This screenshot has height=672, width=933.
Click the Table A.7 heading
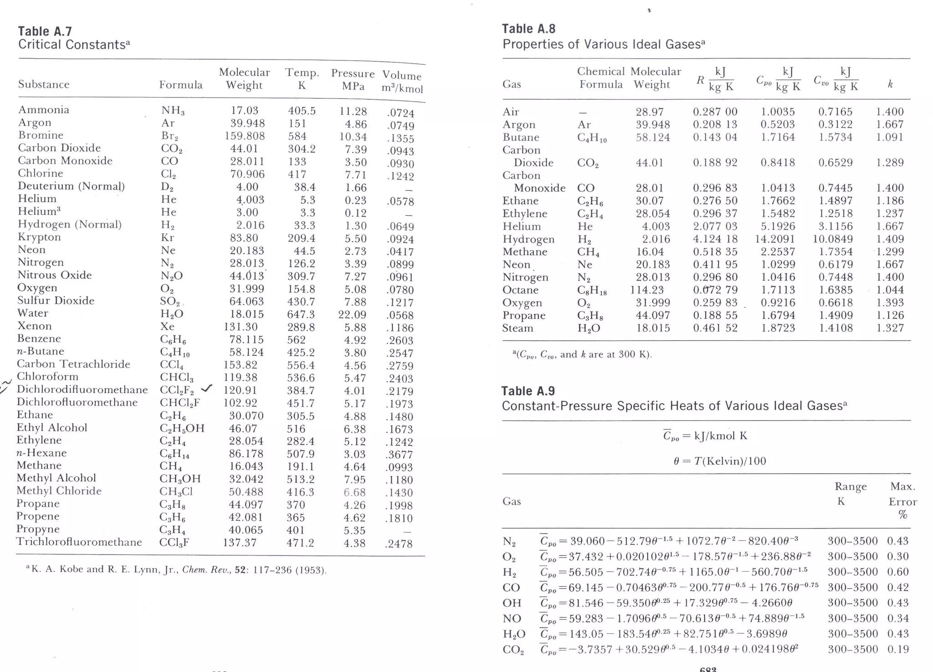pos(45,31)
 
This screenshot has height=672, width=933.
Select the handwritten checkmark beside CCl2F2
pos(207,388)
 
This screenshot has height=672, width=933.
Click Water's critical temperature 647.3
pos(301,314)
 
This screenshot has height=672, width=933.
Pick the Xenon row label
pos(34,326)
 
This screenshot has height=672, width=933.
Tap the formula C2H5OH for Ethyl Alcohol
pos(182,428)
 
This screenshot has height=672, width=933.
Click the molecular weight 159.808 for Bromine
pos(245,136)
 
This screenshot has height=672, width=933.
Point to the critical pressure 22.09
pos(353,314)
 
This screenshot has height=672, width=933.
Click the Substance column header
pos(44,84)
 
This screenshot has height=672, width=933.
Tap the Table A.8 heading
pos(528,29)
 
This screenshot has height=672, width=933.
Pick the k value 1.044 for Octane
pos(890,290)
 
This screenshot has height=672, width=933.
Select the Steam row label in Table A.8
pos(518,328)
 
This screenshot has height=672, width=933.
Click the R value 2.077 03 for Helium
pos(715,226)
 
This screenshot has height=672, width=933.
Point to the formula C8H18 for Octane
pos(592,290)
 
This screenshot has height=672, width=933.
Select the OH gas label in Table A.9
pos(512,603)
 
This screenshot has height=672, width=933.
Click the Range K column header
pos(850,494)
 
